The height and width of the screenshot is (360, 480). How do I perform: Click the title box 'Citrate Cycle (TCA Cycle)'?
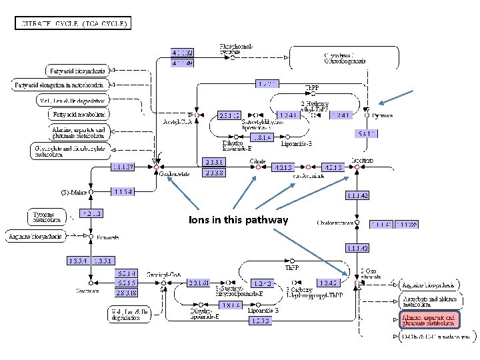click(73, 24)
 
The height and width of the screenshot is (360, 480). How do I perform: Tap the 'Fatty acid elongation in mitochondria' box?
click(61, 85)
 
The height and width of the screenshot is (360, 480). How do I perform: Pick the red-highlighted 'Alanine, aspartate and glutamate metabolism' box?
click(429, 321)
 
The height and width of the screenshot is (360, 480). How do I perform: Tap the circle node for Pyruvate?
click(366, 115)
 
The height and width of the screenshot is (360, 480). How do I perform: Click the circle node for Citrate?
click(257, 167)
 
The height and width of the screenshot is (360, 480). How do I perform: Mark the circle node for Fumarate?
click(91, 235)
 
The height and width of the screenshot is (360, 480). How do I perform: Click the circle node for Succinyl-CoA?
click(163, 282)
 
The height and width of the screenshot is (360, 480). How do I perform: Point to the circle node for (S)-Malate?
click(91, 191)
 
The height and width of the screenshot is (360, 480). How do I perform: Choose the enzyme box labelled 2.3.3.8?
click(216, 173)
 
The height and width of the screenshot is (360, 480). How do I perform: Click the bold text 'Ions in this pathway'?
click(238, 220)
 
